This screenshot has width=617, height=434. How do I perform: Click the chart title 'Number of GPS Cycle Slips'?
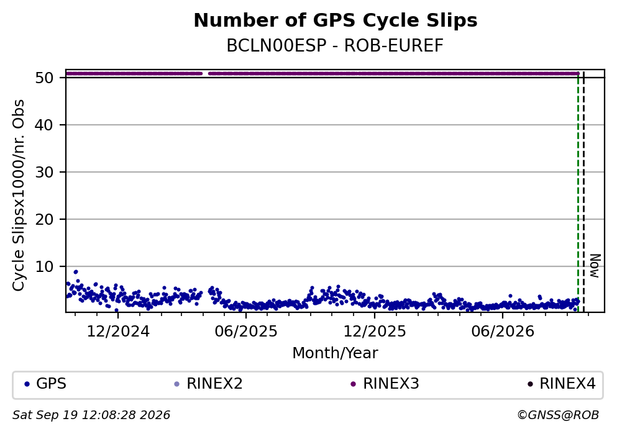point(336,20)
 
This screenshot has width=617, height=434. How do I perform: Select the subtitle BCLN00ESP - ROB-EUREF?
point(335,45)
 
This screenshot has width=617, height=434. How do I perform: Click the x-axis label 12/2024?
point(118,332)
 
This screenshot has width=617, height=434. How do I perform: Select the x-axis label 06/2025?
point(246,332)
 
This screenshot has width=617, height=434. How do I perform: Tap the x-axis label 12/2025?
point(375,332)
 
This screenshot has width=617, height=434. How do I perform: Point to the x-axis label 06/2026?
point(503,332)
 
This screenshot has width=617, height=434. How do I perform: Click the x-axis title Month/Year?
point(335,353)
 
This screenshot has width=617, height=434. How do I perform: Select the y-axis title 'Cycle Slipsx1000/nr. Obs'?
point(19,196)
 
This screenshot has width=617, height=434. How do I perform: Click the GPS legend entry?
point(45,384)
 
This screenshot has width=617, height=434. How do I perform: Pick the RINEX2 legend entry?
point(208,384)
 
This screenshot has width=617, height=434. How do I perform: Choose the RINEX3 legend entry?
point(385,384)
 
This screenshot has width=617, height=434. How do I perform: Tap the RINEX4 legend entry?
point(562,384)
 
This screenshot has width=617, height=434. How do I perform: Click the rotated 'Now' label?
point(595,266)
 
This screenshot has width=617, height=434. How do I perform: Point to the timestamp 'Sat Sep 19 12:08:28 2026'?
point(91,415)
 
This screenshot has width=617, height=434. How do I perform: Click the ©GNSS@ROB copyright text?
point(558,415)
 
